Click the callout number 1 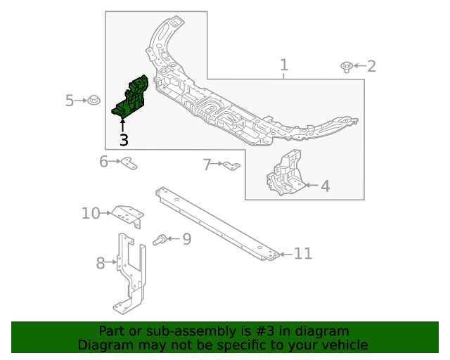pyautogui.click(x=283, y=66)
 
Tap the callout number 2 pyautogui.click(x=371, y=67)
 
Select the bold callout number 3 pyautogui.click(x=124, y=140)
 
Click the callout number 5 pyautogui.click(x=70, y=101)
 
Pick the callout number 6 pyautogui.click(x=104, y=162)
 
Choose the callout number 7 pyautogui.click(x=207, y=165)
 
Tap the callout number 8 pyautogui.click(x=101, y=264)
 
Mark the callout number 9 pyautogui.click(x=186, y=240)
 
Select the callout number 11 pyautogui.click(x=303, y=254)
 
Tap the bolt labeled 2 pyautogui.click(x=347, y=67)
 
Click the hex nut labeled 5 pyautogui.click(x=94, y=101)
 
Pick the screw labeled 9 pyautogui.click(x=160, y=240)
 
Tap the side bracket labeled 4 pyautogui.click(x=285, y=174)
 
